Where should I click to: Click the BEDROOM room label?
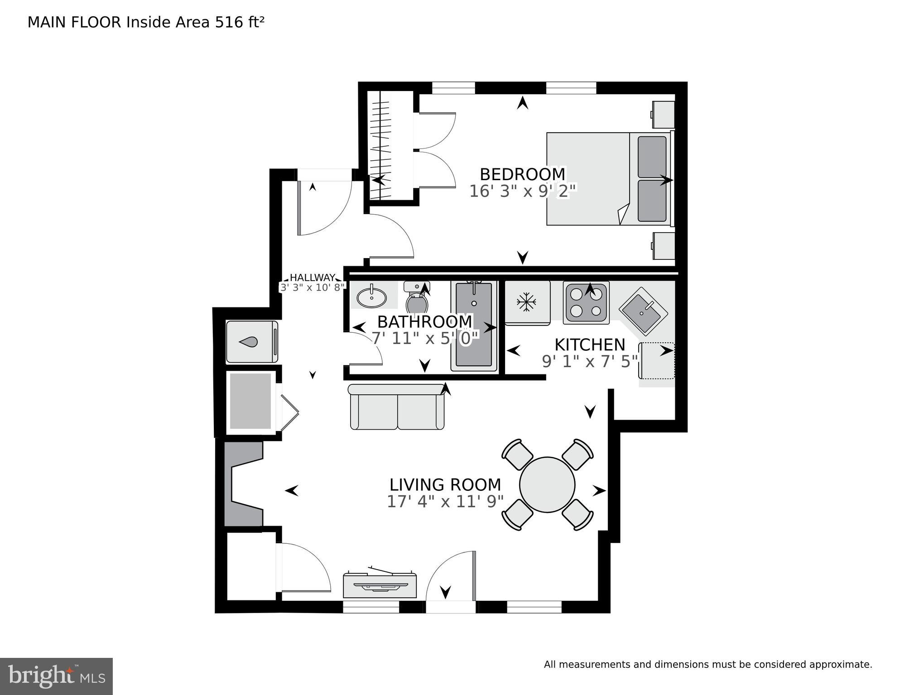tap(522, 174)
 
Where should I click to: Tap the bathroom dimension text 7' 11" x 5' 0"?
tap(425, 338)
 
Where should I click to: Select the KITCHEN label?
tap(589, 345)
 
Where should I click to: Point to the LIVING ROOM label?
tap(445, 485)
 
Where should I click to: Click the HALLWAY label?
tap(312, 278)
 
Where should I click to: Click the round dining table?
tap(547, 484)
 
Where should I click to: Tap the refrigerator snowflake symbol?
tap(526, 302)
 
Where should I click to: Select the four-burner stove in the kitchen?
tap(586, 302)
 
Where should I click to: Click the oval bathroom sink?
tap(371, 297)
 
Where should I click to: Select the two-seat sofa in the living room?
tap(397, 407)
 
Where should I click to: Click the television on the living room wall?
tap(380, 585)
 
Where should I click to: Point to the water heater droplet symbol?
tap(248, 342)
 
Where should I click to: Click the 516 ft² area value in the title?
tap(239, 22)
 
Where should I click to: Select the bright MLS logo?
tap(56, 676)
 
